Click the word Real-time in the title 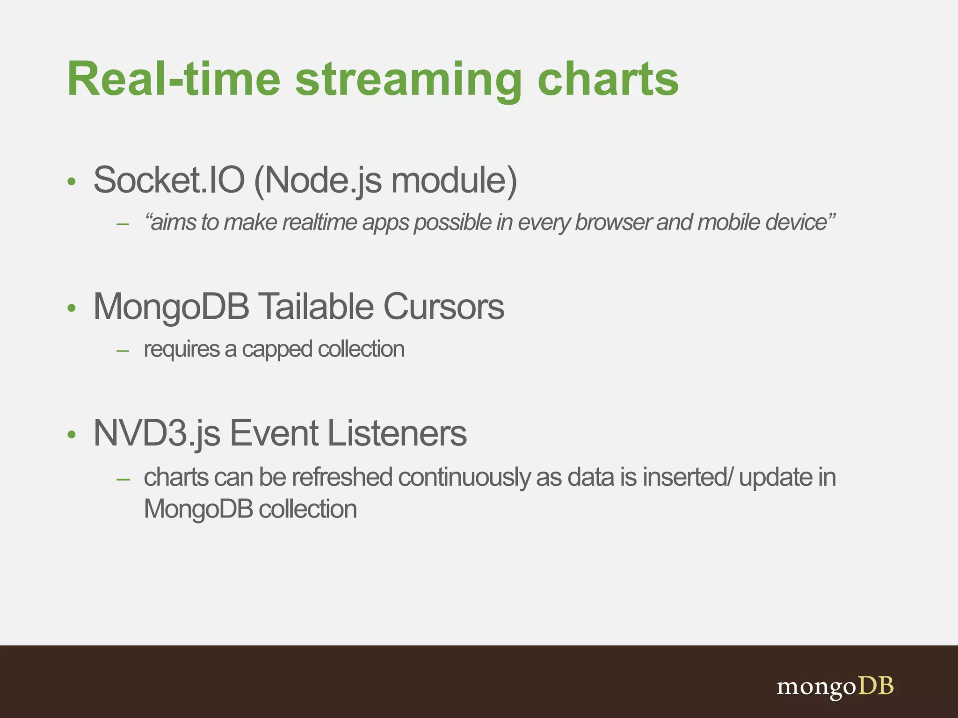tap(173, 79)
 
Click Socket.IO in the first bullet tap(169, 180)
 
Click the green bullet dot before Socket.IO tap(71, 182)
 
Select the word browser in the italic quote tap(612, 223)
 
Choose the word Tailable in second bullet tap(316, 307)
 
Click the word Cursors tap(443, 307)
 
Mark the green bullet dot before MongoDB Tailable tap(71, 308)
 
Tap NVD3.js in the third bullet tap(157, 433)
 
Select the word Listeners tap(397, 433)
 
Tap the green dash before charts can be tap(123, 480)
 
